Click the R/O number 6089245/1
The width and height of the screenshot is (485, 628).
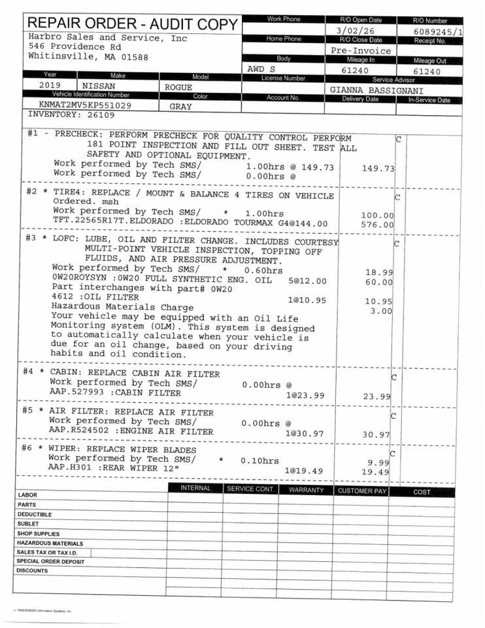(438, 31)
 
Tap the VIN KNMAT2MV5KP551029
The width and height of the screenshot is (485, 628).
(85, 105)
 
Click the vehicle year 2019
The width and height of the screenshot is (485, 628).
(50, 86)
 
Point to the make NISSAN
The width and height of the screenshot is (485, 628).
(98, 86)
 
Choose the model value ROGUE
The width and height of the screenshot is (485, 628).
(178, 87)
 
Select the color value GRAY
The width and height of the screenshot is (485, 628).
(180, 105)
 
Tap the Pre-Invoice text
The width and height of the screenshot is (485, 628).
(361, 50)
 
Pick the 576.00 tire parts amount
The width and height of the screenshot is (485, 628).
(378, 224)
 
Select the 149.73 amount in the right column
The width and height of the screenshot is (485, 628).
(378, 168)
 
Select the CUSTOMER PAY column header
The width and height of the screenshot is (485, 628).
(361, 490)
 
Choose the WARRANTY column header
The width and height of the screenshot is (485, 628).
(306, 490)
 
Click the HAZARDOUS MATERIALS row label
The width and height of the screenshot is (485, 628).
(50, 543)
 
